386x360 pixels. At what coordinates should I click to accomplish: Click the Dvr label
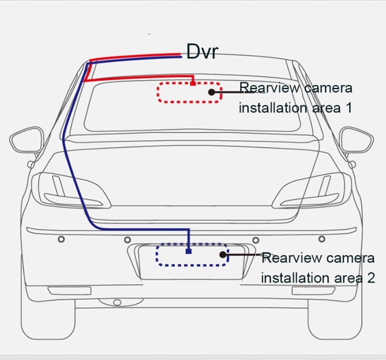click(202, 51)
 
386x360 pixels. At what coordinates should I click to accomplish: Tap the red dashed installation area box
click(189, 92)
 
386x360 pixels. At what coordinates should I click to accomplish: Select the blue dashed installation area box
click(192, 255)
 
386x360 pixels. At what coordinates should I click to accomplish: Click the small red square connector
click(193, 84)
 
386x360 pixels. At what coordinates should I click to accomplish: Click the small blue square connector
click(188, 251)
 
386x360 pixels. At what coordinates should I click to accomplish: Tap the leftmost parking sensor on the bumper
click(61, 240)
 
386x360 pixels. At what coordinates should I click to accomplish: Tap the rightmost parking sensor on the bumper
click(323, 240)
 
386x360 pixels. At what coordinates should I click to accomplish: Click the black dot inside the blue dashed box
click(223, 255)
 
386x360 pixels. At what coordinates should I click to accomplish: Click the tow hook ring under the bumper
click(117, 302)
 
